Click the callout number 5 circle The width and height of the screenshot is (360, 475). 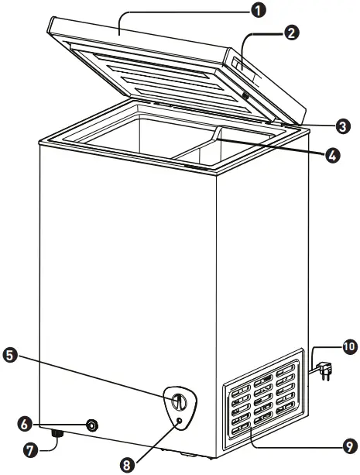click(x=10, y=356)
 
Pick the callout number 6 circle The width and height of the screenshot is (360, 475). click(x=25, y=424)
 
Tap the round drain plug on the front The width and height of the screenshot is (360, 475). click(x=93, y=425)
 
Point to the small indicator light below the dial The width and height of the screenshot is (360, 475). click(x=179, y=420)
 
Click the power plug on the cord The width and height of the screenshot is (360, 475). click(x=324, y=370)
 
